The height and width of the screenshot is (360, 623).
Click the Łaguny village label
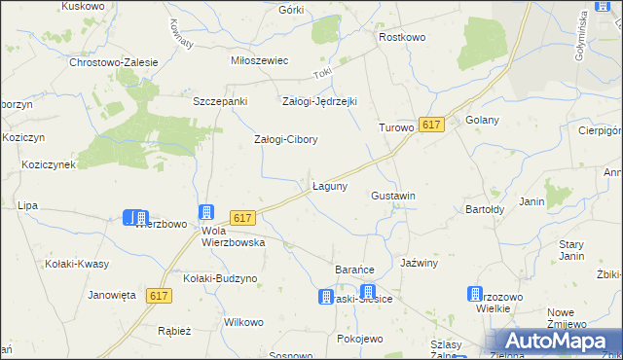pyautogui.click(x=330, y=185)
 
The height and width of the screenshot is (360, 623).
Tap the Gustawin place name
pyautogui.click(x=393, y=196)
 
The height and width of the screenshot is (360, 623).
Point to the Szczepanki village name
pyautogui.click(x=221, y=101)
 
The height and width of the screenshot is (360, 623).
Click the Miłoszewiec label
pyautogui.click(x=259, y=60)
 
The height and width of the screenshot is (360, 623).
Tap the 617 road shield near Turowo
pyautogui.click(x=432, y=125)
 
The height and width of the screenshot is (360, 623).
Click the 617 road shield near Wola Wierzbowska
pyautogui.click(x=243, y=221)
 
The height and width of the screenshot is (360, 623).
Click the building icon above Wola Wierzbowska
pyautogui.click(x=206, y=212)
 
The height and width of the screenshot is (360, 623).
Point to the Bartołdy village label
pyautogui.click(x=484, y=209)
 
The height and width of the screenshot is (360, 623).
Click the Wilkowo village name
pyautogui.click(x=243, y=322)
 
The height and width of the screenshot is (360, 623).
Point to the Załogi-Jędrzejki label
pyautogui.click(x=319, y=101)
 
